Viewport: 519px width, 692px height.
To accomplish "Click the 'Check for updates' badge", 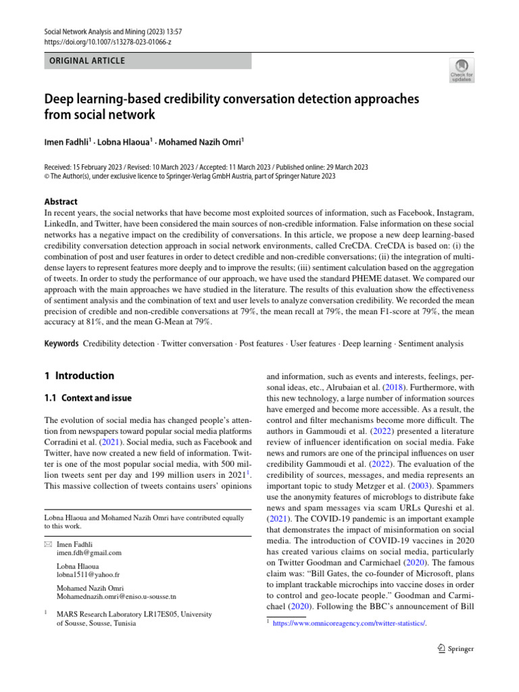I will (x=462, y=70).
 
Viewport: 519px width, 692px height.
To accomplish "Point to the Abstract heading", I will (x=61, y=201).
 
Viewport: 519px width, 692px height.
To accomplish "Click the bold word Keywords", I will (x=61, y=343).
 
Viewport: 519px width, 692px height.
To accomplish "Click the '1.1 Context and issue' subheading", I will (x=88, y=398).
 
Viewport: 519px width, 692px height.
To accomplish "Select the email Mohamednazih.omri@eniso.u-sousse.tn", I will (x=116, y=597).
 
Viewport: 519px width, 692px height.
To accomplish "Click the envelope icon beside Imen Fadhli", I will (x=47, y=543).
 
